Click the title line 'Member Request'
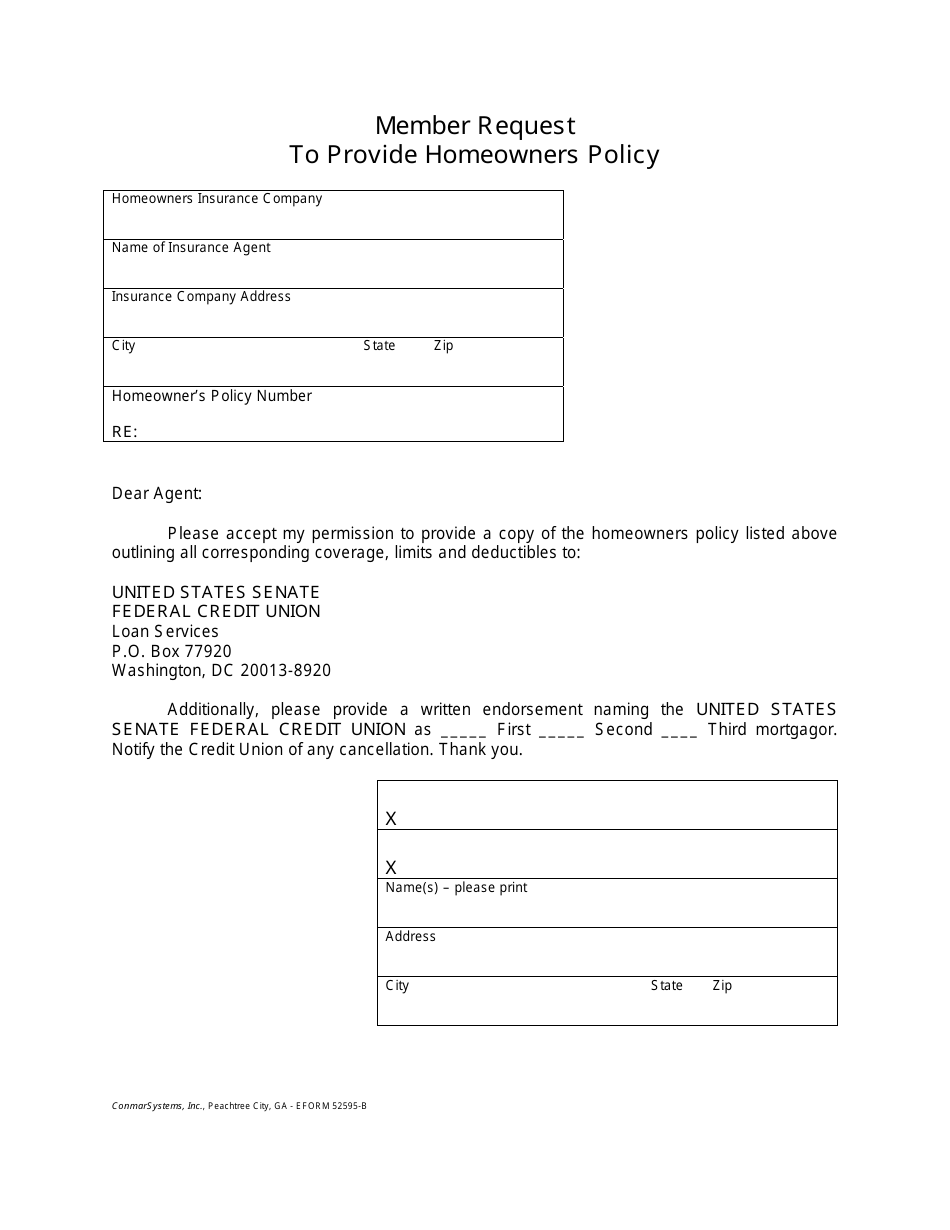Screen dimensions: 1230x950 point(475,126)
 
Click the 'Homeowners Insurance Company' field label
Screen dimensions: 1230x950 point(217,199)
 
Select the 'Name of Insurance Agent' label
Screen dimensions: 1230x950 point(191,248)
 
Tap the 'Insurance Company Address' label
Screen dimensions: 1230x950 point(201,297)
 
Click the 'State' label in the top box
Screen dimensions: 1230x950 point(379,346)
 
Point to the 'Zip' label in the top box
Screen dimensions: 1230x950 point(443,346)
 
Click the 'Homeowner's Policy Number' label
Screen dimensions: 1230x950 point(212,396)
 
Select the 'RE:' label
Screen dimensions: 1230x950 point(124,432)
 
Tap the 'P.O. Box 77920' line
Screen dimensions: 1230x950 point(172,651)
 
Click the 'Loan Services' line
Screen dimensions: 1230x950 point(165,632)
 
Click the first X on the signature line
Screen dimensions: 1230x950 point(391,819)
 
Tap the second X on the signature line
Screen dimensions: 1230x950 point(391,868)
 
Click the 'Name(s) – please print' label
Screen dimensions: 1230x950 point(456,888)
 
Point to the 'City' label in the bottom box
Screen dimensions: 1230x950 point(397,986)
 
